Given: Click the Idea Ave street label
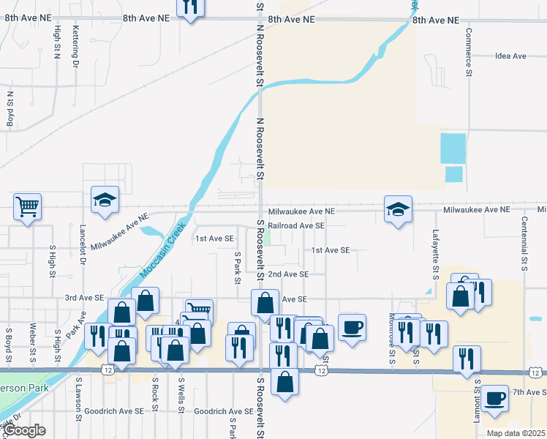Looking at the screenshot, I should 510,56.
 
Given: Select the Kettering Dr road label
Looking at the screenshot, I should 76,44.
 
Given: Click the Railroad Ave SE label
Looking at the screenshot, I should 295,226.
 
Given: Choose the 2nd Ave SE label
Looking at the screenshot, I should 288,274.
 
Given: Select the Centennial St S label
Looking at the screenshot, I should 524,241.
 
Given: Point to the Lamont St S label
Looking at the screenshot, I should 477,391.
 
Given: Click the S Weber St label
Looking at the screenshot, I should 33,342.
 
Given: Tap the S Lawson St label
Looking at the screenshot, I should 78,396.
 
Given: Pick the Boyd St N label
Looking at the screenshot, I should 10,109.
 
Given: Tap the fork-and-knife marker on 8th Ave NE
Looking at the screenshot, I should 190,7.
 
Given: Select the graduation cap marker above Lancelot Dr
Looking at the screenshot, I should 105,200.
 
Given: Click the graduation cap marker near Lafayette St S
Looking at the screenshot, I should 399,210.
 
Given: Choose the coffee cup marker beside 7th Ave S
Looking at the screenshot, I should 495,399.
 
